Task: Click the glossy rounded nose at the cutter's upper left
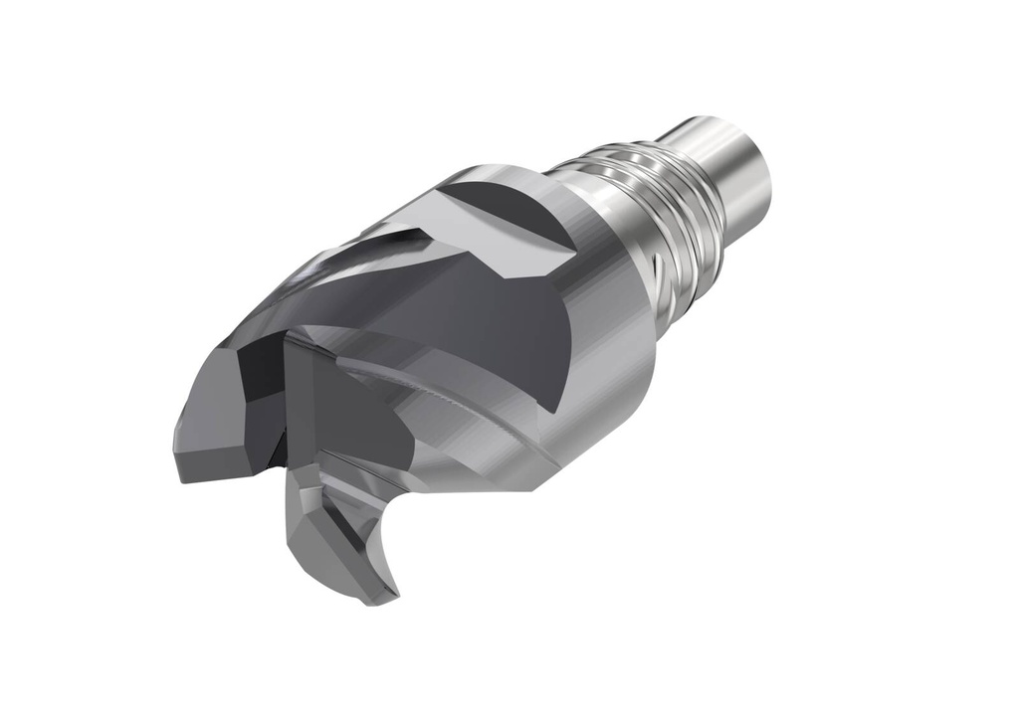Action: tap(299, 288)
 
